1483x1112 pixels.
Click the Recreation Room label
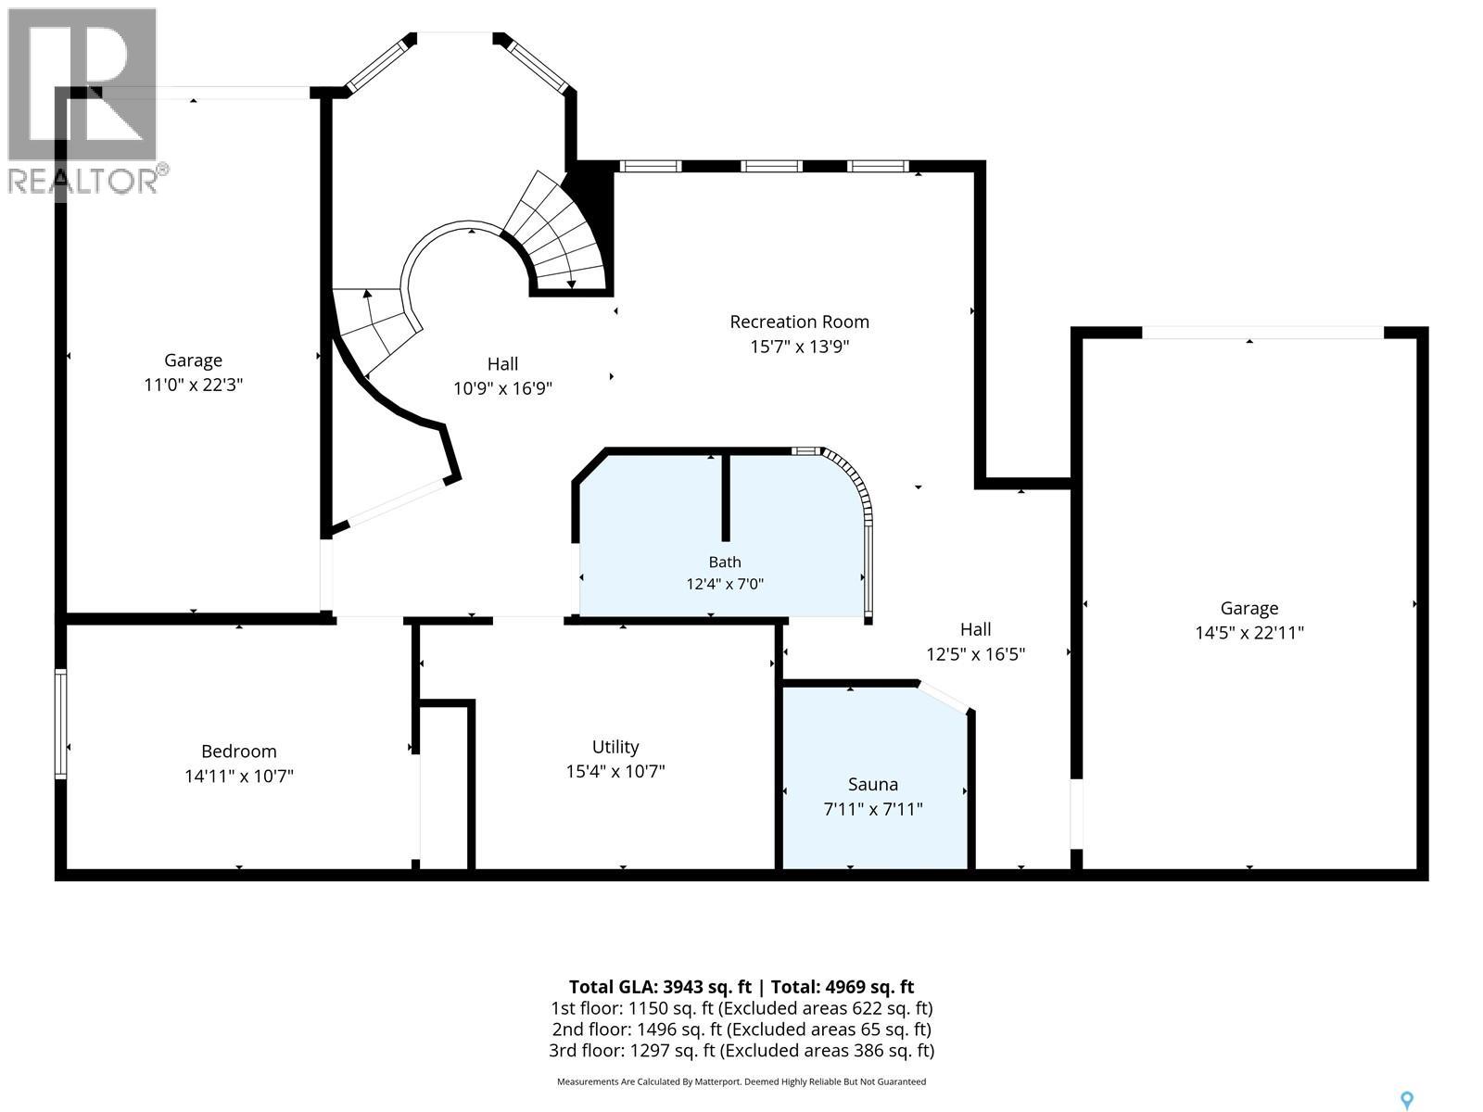pyautogui.click(x=799, y=322)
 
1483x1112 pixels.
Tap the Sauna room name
pyautogui.click(x=873, y=785)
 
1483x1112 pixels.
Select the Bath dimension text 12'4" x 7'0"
pyautogui.click(x=725, y=584)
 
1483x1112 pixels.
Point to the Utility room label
pyautogui.click(x=615, y=747)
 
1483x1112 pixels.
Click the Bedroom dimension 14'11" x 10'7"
pyautogui.click(x=239, y=777)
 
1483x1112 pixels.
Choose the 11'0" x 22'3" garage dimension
pyautogui.click(x=193, y=385)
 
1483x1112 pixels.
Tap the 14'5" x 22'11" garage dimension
pyautogui.click(x=1249, y=633)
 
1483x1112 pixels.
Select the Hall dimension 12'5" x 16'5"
pyautogui.click(x=976, y=654)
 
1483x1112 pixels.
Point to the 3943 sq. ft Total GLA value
pyautogui.click(x=707, y=987)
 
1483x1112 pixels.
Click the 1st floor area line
pyautogui.click(x=741, y=1009)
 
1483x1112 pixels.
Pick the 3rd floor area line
pyautogui.click(x=741, y=1051)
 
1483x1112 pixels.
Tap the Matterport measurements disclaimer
pyautogui.click(x=741, y=1081)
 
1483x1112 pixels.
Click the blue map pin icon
pyautogui.click(x=1407, y=1101)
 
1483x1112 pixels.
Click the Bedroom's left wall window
pyautogui.click(x=61, y=724)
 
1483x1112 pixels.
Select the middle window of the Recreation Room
pyautogui.click(x=771, y=166)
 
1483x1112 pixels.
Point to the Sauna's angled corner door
pyautogui.click(x=944, y=698)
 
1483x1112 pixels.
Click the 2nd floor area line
pyautogui.click(x=741, y=1030)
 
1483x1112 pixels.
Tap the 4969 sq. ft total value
pyautogui.click(x=868, y=987)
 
